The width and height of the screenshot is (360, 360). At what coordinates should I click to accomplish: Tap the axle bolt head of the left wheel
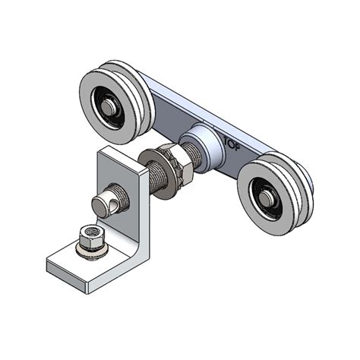(x=111, y=107)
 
